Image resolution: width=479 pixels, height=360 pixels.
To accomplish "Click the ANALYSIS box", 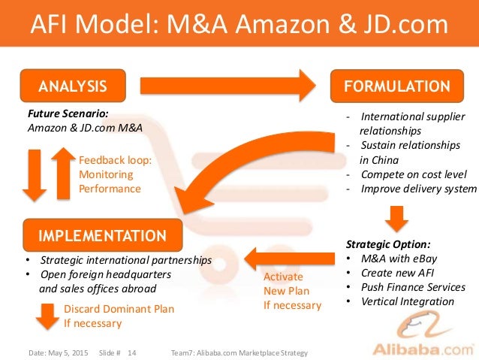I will click(x=73, y=85).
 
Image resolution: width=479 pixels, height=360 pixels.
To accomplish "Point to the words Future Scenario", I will click(x=68, y=113).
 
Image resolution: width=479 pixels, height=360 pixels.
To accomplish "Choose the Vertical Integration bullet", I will click(x=407, y=301).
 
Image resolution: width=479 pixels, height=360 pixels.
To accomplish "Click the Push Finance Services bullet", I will click(x=413, y=287).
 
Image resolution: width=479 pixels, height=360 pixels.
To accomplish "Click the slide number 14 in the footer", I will click(x=132, y=352).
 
